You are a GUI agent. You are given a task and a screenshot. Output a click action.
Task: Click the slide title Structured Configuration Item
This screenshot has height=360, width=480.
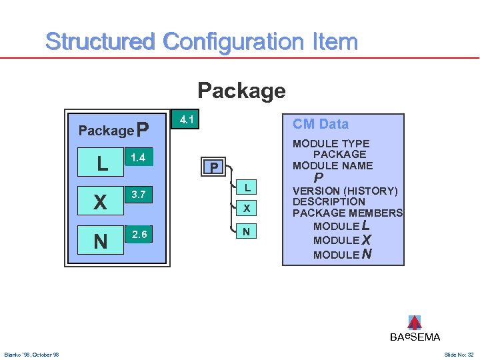(x=201, y=41)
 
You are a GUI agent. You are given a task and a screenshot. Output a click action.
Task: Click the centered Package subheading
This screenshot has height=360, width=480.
(x=241, y=90)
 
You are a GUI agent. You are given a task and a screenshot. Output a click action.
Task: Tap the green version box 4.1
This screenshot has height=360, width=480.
(x=187, y=120)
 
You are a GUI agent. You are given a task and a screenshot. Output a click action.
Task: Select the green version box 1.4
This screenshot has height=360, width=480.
(x=139, y=157)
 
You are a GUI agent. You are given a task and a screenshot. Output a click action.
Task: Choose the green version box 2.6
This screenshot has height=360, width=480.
(x=139, y=234)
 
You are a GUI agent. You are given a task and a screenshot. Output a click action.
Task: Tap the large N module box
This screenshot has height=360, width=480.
(x=101, y=241)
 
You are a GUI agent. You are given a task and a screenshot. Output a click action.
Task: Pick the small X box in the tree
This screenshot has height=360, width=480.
(x=247, y=209)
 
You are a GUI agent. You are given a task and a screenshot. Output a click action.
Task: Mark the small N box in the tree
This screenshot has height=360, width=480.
(x=247, y=231)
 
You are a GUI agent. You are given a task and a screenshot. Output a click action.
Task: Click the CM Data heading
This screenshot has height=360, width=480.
(x=320, y=124)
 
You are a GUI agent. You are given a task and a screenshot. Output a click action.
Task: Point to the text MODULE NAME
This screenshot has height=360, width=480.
(x=333, y=165)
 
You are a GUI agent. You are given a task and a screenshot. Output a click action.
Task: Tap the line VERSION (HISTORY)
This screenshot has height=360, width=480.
(x=345, y=190)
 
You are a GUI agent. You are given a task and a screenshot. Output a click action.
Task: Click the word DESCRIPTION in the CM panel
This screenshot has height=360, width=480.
(x=329, y=201)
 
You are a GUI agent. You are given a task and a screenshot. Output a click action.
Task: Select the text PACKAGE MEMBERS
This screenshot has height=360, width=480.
(x=347, y=213)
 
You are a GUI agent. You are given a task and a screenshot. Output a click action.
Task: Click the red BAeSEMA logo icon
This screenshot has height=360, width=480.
(x=414, y=323)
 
